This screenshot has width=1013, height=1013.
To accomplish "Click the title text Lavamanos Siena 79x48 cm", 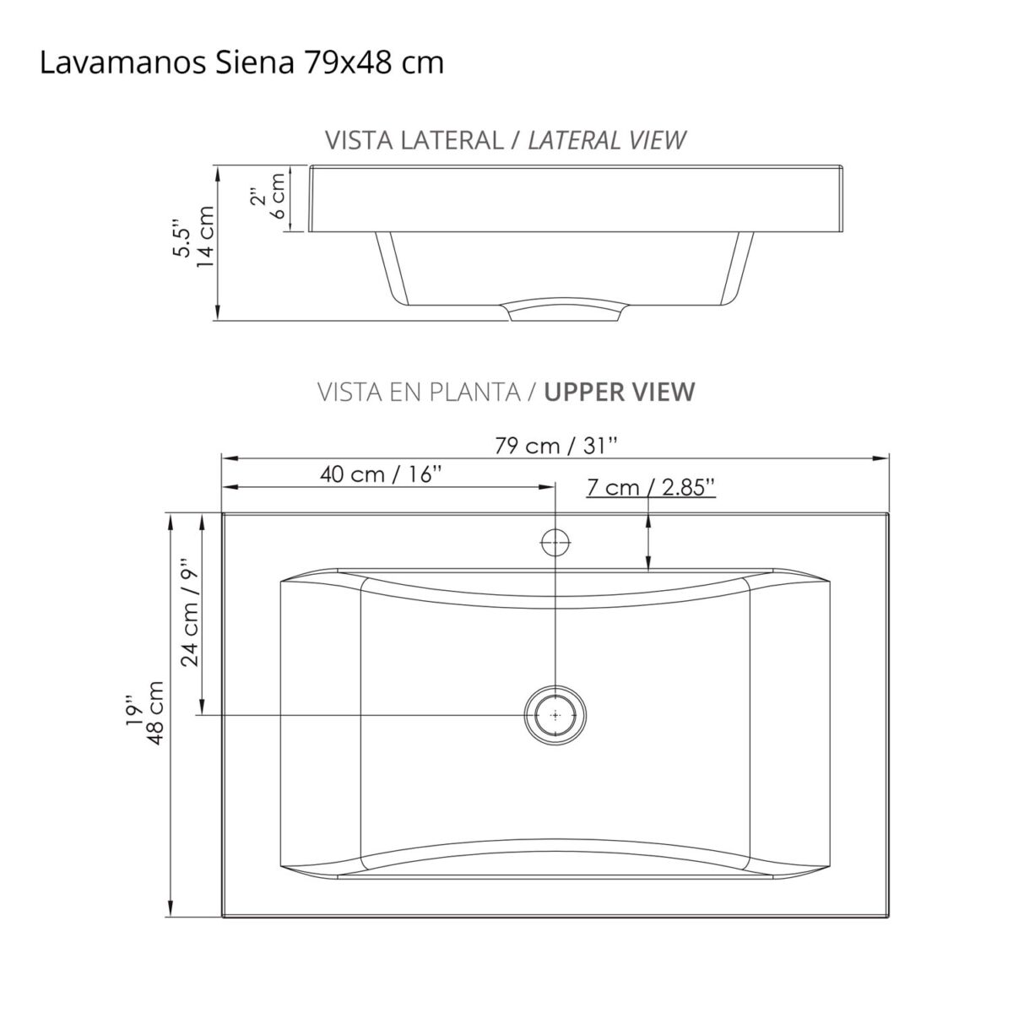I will coord(241,63).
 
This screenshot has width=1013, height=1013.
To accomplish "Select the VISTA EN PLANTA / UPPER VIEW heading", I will coord(506,392).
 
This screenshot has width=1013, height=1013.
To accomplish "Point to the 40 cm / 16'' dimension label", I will coord(382,474).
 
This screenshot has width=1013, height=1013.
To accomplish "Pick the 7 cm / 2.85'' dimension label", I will coord(651,487).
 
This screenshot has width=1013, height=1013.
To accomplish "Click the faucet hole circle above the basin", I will coord(555,542).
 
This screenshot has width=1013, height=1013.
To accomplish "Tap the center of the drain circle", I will coord(555,715).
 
